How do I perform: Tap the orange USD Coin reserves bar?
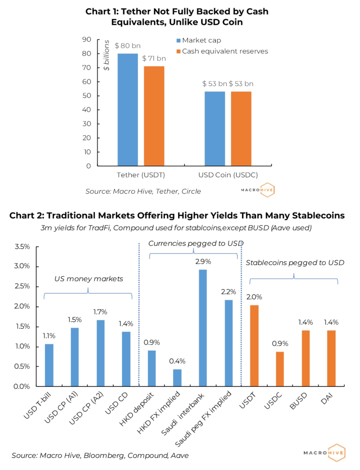(241, 129)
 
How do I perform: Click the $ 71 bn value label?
(154, 58)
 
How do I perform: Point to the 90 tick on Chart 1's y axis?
(86, 39)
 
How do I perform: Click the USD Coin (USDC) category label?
(228, 175)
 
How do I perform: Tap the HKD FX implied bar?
(177, 377)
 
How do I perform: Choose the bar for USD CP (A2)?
(101, 353)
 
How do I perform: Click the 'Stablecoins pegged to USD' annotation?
(295, 263)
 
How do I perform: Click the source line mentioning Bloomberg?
(100, 455)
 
